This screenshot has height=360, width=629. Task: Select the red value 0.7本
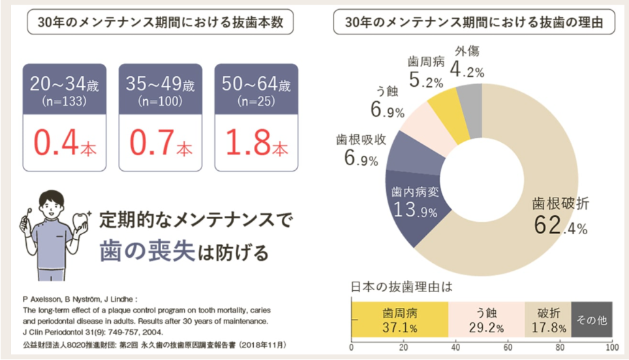click(x=160, y=143)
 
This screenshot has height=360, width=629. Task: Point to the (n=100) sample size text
click(x=160, y=102)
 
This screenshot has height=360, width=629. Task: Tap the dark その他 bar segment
click(x=592, y=320)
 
